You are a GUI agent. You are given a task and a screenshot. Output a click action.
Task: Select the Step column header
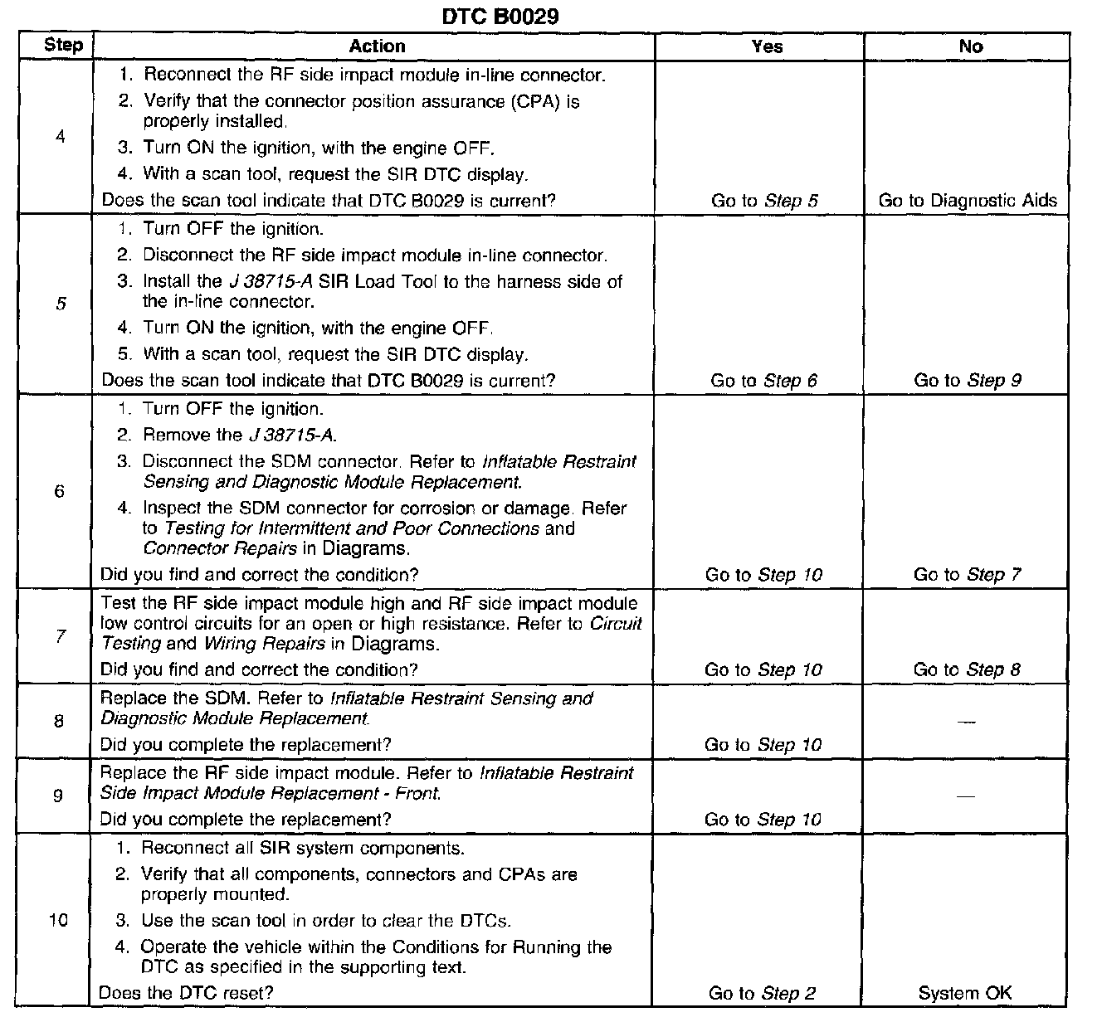tap(63, 45)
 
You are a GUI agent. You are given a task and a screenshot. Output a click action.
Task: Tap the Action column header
tap(377, 46)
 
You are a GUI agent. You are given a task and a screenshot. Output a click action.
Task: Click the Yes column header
tap(767, 46)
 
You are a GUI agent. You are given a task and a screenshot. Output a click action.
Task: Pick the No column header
tap(970, 46)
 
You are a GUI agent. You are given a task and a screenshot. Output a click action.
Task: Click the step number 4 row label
tap(60, 137)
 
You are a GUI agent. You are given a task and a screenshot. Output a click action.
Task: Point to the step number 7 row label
tap(60, 637)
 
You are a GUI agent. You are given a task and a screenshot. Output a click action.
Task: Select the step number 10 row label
tap(58, 920)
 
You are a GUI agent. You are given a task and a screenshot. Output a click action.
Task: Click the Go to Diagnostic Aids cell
tap(968, 200)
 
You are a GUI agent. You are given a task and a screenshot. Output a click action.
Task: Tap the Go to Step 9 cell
tap(968, 380)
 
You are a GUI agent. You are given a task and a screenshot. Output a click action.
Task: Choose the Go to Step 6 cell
tap(763, 380)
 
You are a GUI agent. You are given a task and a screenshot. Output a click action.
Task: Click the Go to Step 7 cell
tap(968, 574)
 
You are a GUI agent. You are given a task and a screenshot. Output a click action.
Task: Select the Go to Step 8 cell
tap(968, 669)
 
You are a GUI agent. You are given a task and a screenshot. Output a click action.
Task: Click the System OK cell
tap(965, 993)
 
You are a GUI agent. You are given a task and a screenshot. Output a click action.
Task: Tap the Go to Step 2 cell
tap(763, 993)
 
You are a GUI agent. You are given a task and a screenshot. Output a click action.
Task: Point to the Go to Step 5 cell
tap(764, 200)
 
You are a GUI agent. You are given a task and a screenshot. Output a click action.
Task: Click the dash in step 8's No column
tap(965, 722)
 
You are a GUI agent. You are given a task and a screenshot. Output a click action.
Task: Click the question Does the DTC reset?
tap(186, 993)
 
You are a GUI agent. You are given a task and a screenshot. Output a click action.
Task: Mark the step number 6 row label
tap(59, 492)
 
